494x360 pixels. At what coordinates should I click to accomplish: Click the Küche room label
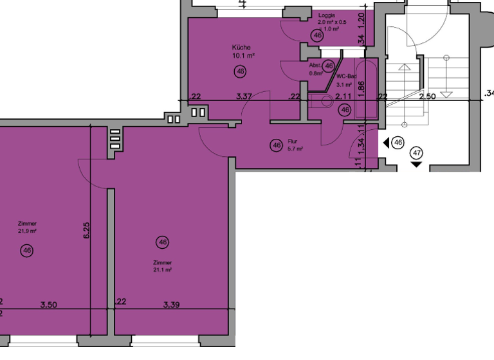241,47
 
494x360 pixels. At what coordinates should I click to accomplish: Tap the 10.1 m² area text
244,55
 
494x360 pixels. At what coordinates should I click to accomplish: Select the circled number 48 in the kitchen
241,71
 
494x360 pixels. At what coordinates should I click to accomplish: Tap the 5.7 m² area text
295,148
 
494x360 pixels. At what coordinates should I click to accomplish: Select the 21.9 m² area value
27,231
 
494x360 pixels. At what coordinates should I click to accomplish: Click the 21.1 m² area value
162,270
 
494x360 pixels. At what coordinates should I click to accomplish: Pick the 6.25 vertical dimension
86,230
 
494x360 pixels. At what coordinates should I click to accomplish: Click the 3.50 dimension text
50,304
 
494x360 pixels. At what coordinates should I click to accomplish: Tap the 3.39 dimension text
171,304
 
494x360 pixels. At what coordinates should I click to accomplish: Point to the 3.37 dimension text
244,96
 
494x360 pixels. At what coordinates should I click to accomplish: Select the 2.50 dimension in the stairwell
428,96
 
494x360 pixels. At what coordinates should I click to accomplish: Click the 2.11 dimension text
343,96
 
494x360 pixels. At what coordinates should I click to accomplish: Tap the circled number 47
417,153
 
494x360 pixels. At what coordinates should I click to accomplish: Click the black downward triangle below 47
417,165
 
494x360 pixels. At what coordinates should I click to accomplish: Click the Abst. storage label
315,66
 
